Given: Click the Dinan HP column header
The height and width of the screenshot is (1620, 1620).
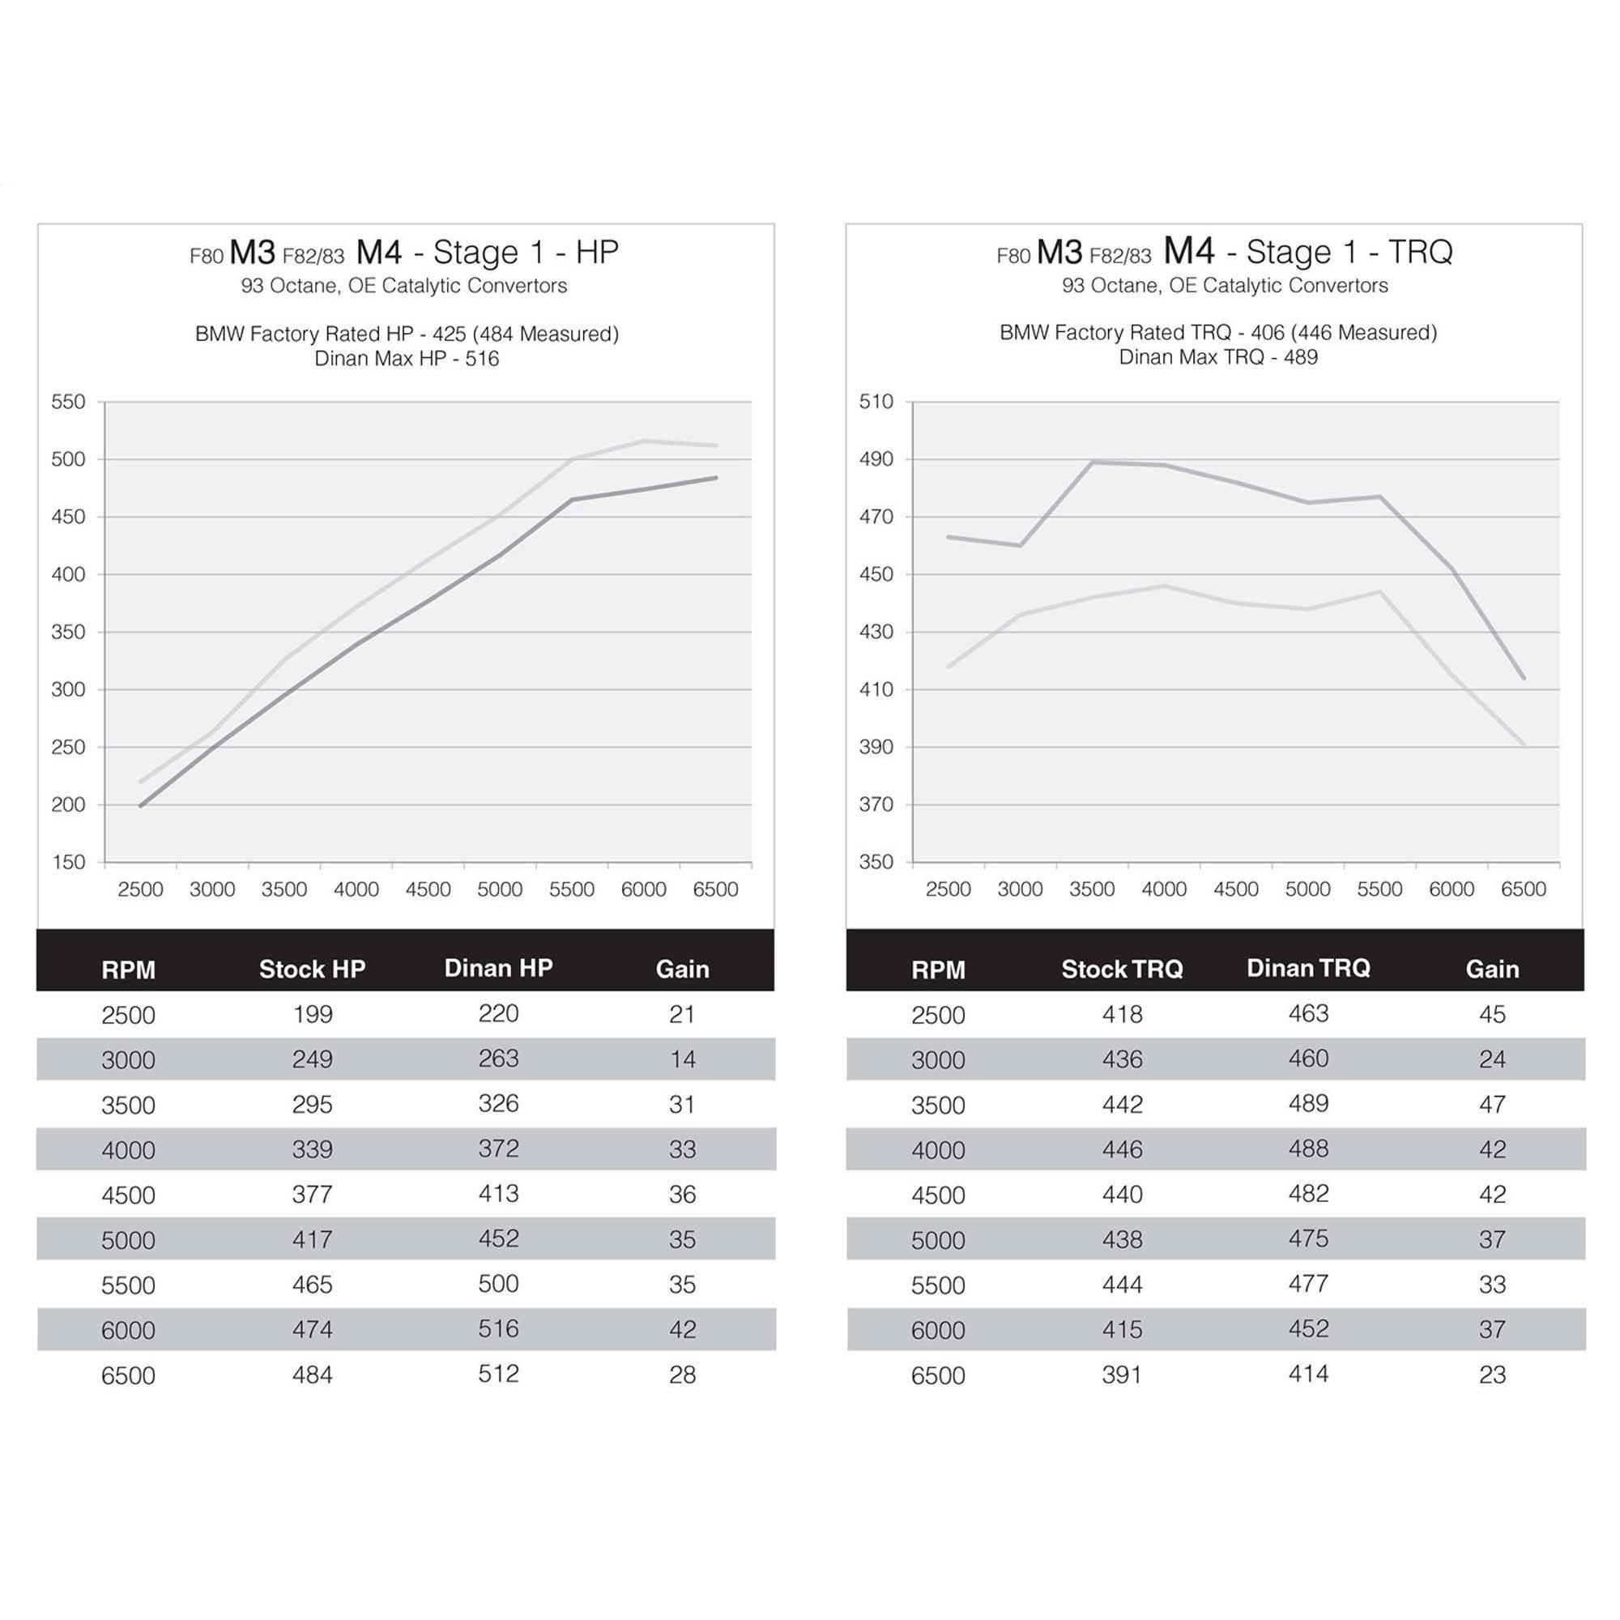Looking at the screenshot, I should pyautogui.click(x=498, y=968).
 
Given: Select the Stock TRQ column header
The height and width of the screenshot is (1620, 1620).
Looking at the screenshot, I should pyautogui.click(x=1122, y=969).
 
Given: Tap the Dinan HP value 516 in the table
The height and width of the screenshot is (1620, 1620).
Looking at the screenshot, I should pyautogui.click(x=498, y=1328).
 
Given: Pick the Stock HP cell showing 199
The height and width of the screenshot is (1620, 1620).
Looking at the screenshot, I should pyautogui.click(x=312, y=1014).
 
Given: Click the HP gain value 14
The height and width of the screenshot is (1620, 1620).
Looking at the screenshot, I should pyautogui.click(x=682, y=1059).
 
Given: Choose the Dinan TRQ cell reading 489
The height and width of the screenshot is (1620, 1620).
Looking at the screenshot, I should pyautogui.click(x=1308, y=1103).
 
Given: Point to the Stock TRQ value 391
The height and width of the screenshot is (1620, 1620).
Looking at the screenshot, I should pyautogui.click(x=1122, y=1375).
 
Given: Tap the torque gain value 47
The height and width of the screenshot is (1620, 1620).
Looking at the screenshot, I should pyautogui.click(x=1492, y=1103).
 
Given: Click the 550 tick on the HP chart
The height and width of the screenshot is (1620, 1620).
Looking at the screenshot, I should pyautogui.click(x=68, y=402).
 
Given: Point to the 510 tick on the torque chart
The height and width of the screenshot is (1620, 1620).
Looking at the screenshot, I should pyautogui.click(x=876, y=402).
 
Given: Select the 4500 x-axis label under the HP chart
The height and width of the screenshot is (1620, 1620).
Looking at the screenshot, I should pyautogui.click(x=428, y=889).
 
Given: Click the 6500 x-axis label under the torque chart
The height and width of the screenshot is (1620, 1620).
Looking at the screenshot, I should pyautogui.click(x=1524, y=889).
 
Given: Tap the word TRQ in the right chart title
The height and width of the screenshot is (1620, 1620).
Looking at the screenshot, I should pyautogui.click(x=1421, y=252).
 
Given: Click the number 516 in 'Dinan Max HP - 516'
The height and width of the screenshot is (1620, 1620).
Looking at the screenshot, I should pyautogui.click(x=482, y=359).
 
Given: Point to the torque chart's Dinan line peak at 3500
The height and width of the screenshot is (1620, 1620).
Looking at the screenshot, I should pyautogui.click(x=1093, y=461).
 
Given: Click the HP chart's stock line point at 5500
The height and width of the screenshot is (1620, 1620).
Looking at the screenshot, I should pyautogui.click(x=572, y=500).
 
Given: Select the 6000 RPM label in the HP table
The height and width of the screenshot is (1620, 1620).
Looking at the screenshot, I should pyautogui.click(x=128, y=1330).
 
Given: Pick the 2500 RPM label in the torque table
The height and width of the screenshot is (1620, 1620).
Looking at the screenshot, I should pyautogui.click(x=938, y=1015).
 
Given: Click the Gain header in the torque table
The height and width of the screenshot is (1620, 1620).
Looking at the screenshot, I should pyautogui.click(x=1492, y=969).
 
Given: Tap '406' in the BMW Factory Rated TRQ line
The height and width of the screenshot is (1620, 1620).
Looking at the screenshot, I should pyautogui.click(x=1267, y=332).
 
